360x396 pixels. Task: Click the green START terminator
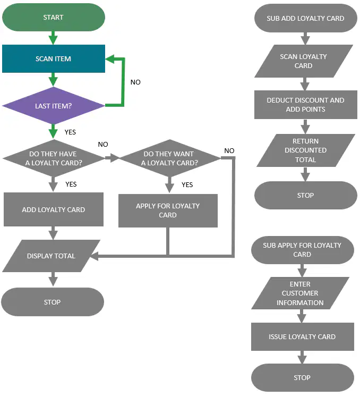pyautogui.click(x=54, y=17)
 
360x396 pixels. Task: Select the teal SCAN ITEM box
pyautogui.click(x=54, y=58)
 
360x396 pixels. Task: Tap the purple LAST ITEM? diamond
pyautogui.click(x=54, y=106)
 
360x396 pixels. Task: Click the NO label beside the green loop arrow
pyautogui.click(x=135, y=82)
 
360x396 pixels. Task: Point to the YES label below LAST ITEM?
pyautogui.click(x=70, y=132)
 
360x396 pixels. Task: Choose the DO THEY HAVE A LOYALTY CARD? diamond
pyautogui.click(x=54, y=158)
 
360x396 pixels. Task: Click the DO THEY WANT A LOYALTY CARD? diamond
pyautogui.click(x=170, y=158)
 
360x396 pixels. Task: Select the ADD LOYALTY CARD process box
pyautogui.click(x=54, y=209)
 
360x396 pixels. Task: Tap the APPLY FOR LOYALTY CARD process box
pyautogui.click(x=168, y=210)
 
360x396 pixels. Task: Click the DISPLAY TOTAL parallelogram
pyautogui.click(x=51, y=256)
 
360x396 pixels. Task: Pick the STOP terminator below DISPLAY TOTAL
pyautogui.click(x=53, y=302)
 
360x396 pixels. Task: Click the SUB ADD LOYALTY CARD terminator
pyautogui.click(x=305, y=18)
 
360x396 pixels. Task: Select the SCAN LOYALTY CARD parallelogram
pyautogui.click(x=304, y=61)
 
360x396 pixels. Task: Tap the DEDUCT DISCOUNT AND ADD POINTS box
pyautogui.click(x=305, y=105)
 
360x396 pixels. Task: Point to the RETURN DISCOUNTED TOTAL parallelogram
pyautogui.click(x=306, y=150)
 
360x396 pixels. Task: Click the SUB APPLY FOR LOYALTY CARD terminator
pyautogui.click(x=303, y=250)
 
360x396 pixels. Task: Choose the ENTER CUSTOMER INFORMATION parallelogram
pyautogui.click(x=300, y=293)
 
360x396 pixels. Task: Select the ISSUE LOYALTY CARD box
pyautogui.click(x=303, y=336)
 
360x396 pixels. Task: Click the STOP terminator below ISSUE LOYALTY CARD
pyautogui.click(x=303, y=377)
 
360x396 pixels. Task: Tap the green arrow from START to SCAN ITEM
pyautogui.click(x=53, y=38)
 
